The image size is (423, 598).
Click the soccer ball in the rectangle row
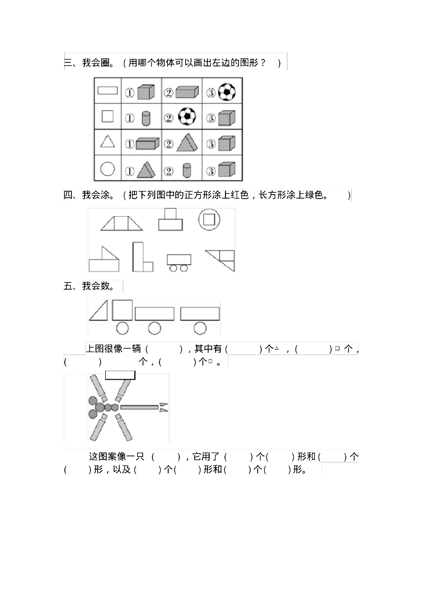227,92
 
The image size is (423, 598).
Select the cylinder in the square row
146,117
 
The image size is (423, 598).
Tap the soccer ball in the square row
187,117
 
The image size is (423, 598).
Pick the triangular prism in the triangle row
186,143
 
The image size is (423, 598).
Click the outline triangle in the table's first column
108,142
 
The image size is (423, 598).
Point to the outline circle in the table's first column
108,169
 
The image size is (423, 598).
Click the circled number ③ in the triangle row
210,144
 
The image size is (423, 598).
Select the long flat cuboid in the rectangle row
187,92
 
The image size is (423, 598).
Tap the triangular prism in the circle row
146,170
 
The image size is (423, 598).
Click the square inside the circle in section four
209,220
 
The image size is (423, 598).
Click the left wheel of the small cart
173,268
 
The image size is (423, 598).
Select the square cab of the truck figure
122,310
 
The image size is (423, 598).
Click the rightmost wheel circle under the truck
200,328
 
